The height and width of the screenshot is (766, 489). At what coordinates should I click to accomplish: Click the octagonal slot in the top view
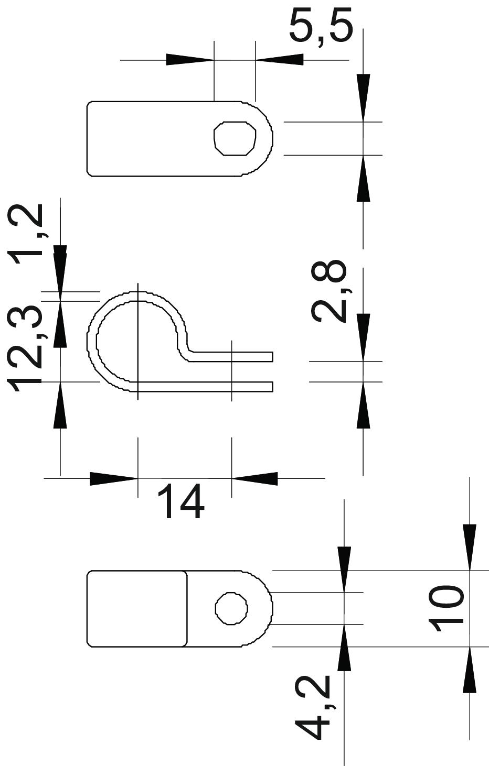pyautogui.click(x=235, y=138)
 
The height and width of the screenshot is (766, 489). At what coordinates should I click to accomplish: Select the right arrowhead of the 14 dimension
pyautogui.click(x=254, y=478)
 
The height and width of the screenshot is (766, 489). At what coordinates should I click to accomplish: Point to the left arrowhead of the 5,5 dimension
pyautogui.click(x=190, y=60)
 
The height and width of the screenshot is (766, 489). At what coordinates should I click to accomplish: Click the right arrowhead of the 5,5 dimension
pyautogui.click(x=280, y=60)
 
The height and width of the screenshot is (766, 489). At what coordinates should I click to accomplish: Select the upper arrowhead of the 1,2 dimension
pyautogui.click(x=60, y=269)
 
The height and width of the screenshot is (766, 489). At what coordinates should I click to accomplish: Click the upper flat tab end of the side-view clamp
pyautogui.click(x=273, y=356)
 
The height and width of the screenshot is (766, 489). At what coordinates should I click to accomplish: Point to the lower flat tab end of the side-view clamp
pyautogui.click(x=273, y=387)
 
